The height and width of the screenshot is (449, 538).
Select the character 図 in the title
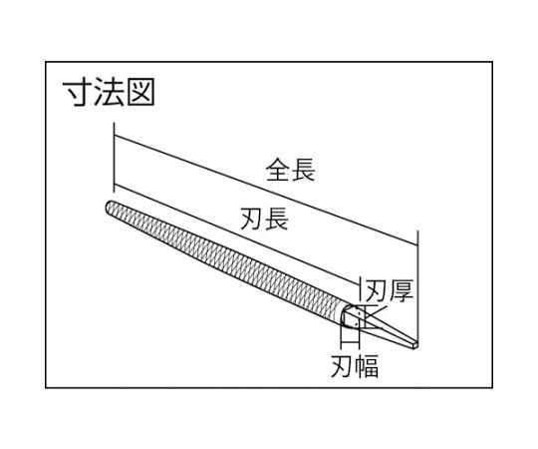[x=140, y=92]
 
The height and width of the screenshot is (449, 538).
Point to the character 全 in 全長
[x=278, y=169]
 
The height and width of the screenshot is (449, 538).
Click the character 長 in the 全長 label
[x=303, y=169]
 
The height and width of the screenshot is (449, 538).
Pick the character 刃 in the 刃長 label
[x=251, y=219]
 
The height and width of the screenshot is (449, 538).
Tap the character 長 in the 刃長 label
[x=276, y=219]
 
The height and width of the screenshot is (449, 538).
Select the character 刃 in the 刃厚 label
[x=378, y=290]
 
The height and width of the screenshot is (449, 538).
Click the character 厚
[x=402, y=290]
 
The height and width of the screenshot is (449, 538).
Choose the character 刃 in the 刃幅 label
[x=342, y=366]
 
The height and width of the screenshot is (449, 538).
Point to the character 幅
[x=367, y=366]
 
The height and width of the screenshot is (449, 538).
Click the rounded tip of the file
[x=107, y=208]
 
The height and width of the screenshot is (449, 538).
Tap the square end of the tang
[x=414, y=344]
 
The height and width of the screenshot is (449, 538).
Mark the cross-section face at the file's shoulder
[x=351, y=316]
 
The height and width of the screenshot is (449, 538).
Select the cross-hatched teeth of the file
[x=226, y=260]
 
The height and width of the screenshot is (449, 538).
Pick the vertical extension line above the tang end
[x=417, y=285]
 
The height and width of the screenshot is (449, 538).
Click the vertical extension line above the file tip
[x=114, y=157]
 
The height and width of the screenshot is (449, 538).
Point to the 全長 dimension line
[x=266, y=191]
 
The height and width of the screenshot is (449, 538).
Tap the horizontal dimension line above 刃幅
[x=350, y=342]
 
